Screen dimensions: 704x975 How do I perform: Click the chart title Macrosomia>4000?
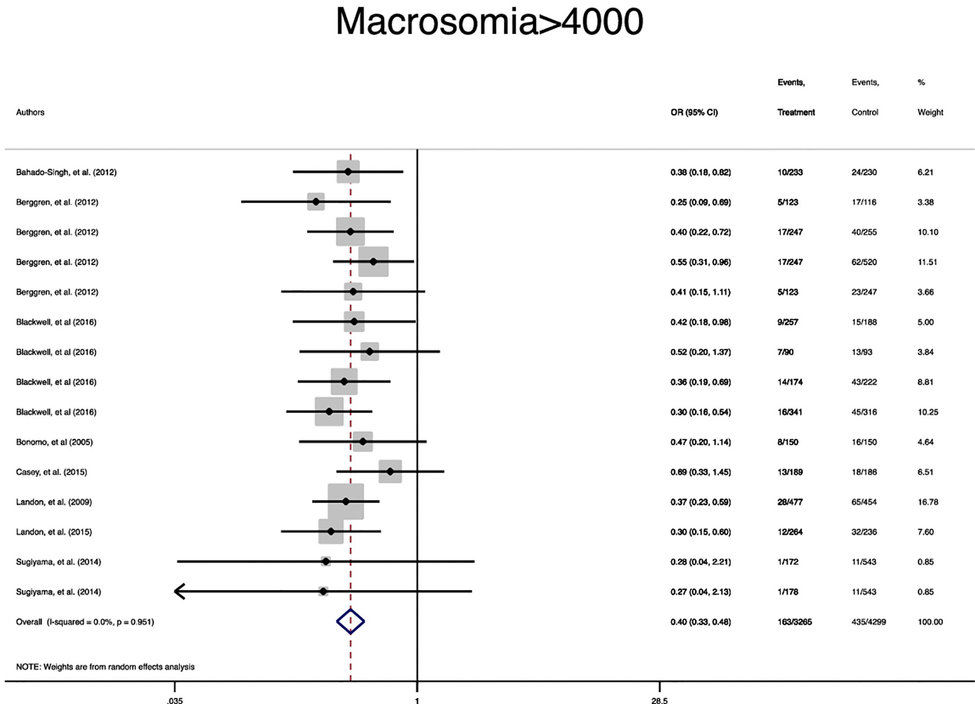[489, 23]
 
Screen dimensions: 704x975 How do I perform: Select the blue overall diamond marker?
[350, 622]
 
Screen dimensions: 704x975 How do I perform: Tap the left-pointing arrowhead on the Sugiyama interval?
[180, 591]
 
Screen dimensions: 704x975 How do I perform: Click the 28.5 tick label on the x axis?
[659, 701]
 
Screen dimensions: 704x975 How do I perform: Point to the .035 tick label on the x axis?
[175, 701]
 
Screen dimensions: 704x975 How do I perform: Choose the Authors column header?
[30, 112]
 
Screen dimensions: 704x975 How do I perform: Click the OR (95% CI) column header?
[694, 112]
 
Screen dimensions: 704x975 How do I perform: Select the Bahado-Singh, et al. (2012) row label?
[66, 172]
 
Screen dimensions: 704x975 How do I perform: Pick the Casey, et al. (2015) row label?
[51, 472]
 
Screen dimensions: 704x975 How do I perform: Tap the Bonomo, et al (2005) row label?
[54, 442]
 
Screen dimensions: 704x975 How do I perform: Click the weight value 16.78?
[928, 502]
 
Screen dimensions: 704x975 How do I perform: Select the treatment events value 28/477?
[790, 502]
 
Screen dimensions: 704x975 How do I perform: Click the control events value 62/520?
[864, 262]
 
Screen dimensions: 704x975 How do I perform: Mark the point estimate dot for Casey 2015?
[390, 471]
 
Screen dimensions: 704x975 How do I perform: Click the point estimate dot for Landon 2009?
[346, 501]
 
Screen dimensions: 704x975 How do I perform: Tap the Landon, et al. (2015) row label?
[53, 532]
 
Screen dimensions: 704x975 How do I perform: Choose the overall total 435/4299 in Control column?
[869, 622]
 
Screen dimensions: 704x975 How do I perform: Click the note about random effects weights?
[105, 667]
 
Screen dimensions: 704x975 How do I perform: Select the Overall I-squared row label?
[84, 622]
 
